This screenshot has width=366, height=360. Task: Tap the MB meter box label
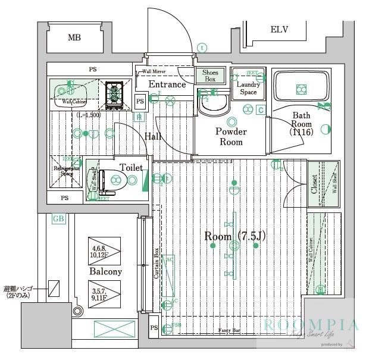[x=74, y=37]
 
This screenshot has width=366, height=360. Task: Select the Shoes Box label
[x=209, y=76]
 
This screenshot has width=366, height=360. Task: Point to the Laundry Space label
[x=248, y=88]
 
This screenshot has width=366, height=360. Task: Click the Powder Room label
[x=231, y=136]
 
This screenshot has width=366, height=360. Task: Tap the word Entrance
[x=167, y=84]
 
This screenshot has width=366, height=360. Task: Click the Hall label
[x=153, y=136]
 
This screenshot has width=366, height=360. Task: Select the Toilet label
[x=132, y=168]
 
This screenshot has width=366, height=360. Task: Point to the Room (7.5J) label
[x=235, y=236]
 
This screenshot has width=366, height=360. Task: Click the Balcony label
[x=105, y=271]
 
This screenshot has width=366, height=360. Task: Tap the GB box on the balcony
[x=58, y=218]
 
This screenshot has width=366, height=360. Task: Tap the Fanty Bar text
[x=229, y=330]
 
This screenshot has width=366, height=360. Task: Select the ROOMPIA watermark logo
[x=311, y=325]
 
